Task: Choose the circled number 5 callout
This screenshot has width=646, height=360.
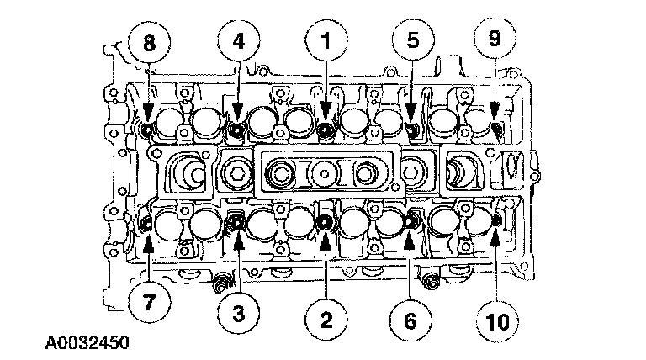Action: click(413, 40)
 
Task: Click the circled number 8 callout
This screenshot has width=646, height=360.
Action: click(149, 40)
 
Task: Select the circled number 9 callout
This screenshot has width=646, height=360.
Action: click(495, 40)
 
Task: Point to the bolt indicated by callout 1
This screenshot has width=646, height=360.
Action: click(326, 128)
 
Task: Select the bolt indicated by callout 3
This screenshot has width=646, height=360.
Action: click(237, 223)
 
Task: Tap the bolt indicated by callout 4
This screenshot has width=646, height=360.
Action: click(236, 129)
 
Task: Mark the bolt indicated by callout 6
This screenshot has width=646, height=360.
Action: click(412, 222)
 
